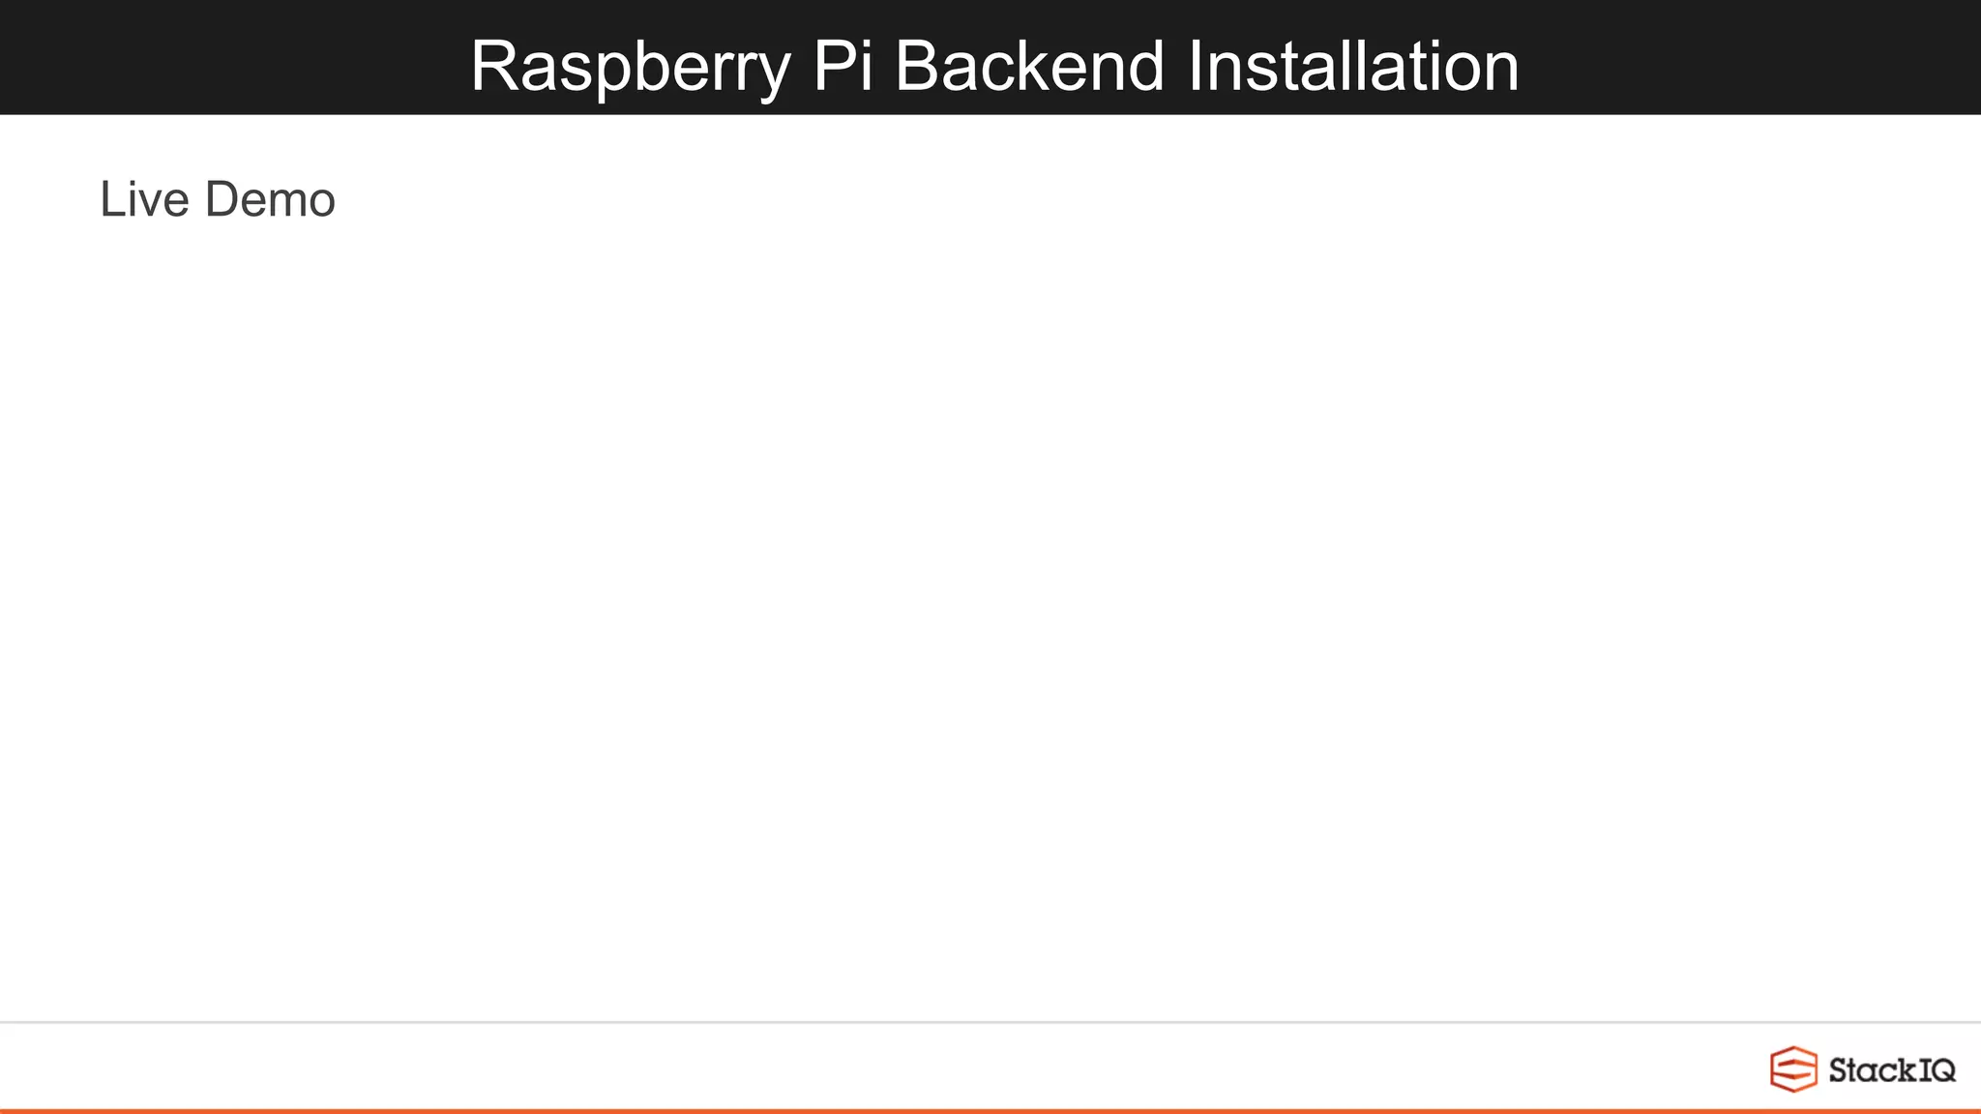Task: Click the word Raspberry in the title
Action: pyautogui.click(x=630, y=67)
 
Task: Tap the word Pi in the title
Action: pyautogui.click(x=842, y=67)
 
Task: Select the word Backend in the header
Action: pyautogui.click(x=1029, y=67)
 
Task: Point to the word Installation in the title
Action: pyautogui.click(x=1353, y=67)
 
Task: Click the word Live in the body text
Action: pyautogui.click(x=144, y=200)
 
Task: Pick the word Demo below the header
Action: pyautogui.click(x=270, y=200)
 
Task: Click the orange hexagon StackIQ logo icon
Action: pyautogui.click(x=1793, y=1070)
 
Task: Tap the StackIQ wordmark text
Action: pyautogui.click(x=1892, y=1070)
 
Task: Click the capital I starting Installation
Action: pyautogui.click(x=1196, y=67)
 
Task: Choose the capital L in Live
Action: pyautogui.click(x=111, y=200)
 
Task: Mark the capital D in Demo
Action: pyautogui.click(x=222, y=200)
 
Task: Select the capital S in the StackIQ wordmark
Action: pyautogui.click(x=1839, y=1070)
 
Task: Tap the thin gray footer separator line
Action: pyautogui.click(x=990, y=1022)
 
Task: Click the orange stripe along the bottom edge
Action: pyautogui.click(x=990, y=1111)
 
